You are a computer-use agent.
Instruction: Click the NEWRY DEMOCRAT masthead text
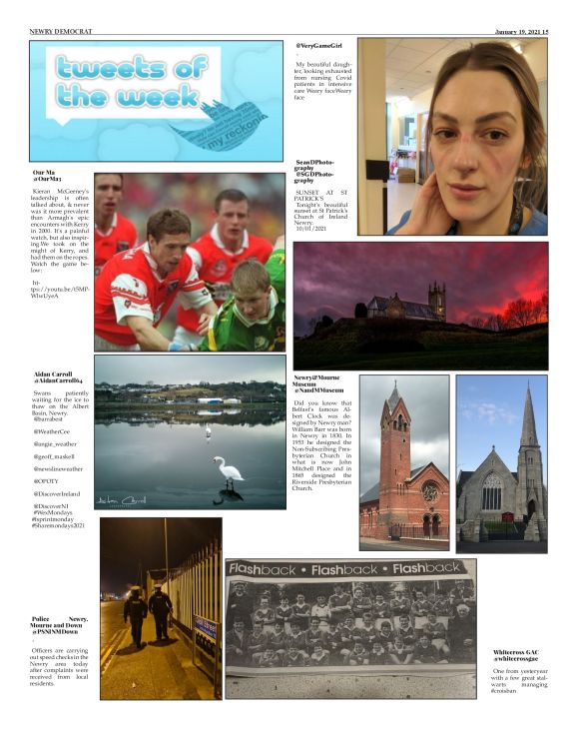(x=61, y=32)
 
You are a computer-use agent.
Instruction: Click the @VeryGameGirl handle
(x=318, y=46)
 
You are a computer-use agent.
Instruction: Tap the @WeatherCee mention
(x=52, y=430)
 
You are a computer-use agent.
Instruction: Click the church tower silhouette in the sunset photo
(x=435, y=301)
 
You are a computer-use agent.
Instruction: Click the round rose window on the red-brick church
(x=428, y=491)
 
